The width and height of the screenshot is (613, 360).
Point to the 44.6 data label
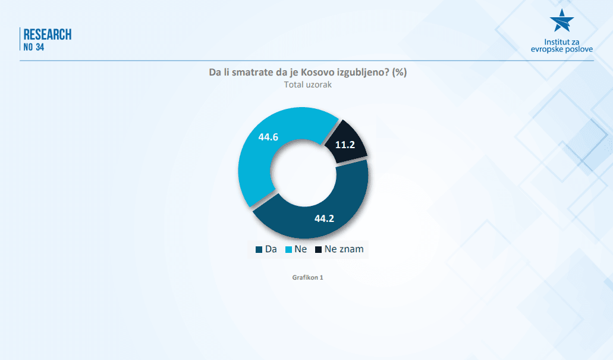(268, 137)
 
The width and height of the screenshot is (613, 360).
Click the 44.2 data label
(324, 218)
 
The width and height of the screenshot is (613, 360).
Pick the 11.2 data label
(345, 145)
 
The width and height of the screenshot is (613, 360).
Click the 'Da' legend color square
(259, 250)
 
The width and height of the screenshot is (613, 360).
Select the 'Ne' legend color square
(288, 250)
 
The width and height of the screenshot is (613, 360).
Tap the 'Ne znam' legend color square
(318, 250)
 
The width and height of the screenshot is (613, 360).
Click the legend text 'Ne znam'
(344, 249)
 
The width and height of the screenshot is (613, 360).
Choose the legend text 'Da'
(271, 249)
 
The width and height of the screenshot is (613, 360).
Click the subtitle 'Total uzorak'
(307, 84)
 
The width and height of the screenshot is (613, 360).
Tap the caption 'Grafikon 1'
(307, 277)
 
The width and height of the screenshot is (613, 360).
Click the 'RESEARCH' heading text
(48, 35)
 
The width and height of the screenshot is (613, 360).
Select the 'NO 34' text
(34, 48)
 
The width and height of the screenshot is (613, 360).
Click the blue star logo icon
(562, 20)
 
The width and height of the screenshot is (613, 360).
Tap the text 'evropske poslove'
(562, 49)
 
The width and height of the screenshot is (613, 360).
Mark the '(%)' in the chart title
(399, 73)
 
